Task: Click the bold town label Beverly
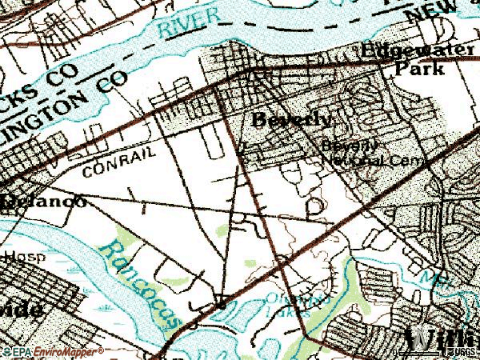coord(290,120)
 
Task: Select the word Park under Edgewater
coord(420,70)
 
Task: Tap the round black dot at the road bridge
coord(220,305)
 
